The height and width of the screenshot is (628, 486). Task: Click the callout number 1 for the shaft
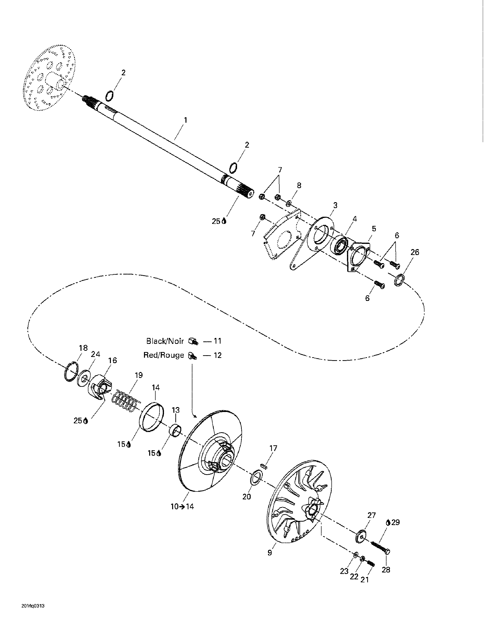pos(185,120)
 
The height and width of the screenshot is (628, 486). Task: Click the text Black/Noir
pos(165,341)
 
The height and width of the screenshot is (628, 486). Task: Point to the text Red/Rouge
pos(164,355)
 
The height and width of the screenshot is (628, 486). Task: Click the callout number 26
pos(415,252)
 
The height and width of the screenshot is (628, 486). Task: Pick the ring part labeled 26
pos(399,280)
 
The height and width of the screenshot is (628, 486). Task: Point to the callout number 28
pos(386,570)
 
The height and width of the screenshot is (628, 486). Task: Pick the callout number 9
pos(269,553)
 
